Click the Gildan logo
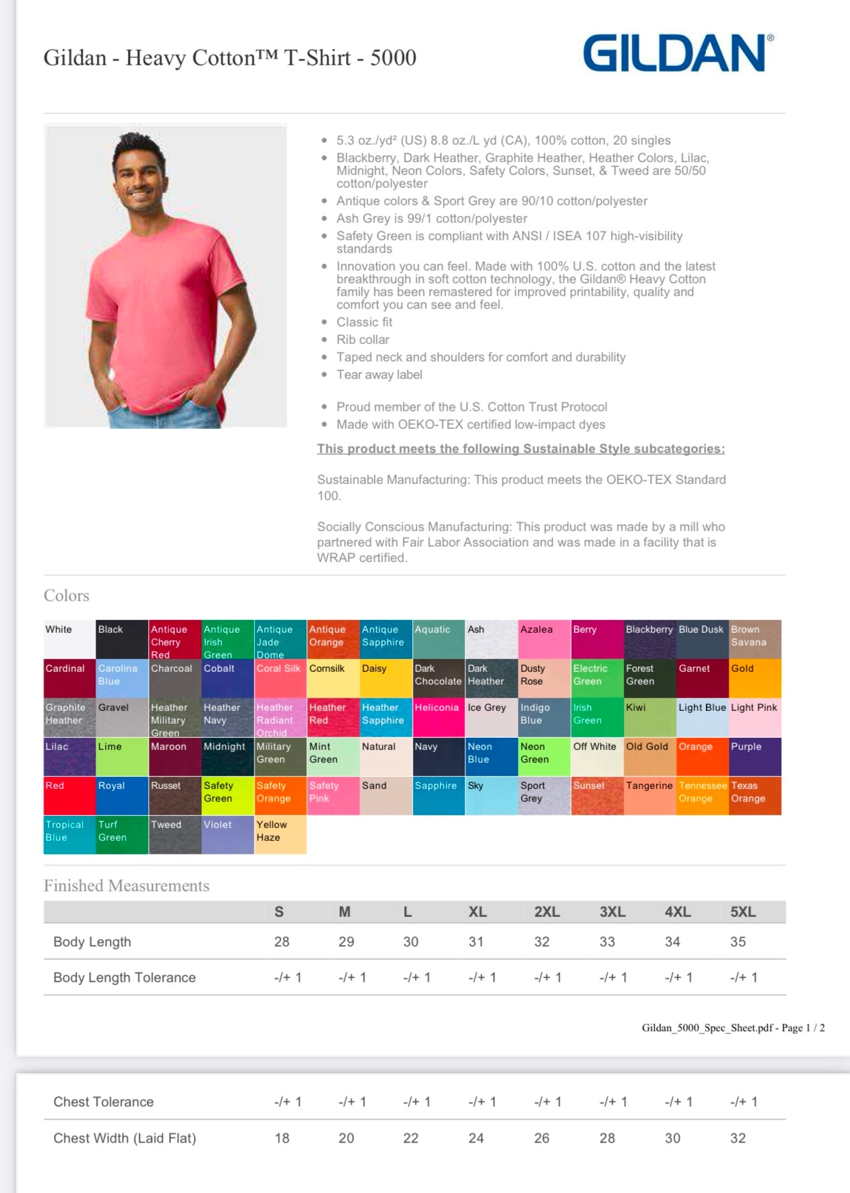677,53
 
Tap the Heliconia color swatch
438,717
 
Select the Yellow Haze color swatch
280,834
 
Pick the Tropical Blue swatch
69,834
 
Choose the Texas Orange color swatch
755,795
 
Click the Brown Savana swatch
755,639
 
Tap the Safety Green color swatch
228,795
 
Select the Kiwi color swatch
650,717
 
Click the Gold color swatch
755,678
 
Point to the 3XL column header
612,912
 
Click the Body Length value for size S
282,942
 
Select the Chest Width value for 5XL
738,1138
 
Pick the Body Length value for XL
476,942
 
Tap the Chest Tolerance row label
104,1101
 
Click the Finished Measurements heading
127,885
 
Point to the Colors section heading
67,595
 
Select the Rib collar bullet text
363,339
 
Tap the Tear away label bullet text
379,374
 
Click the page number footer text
733,1027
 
